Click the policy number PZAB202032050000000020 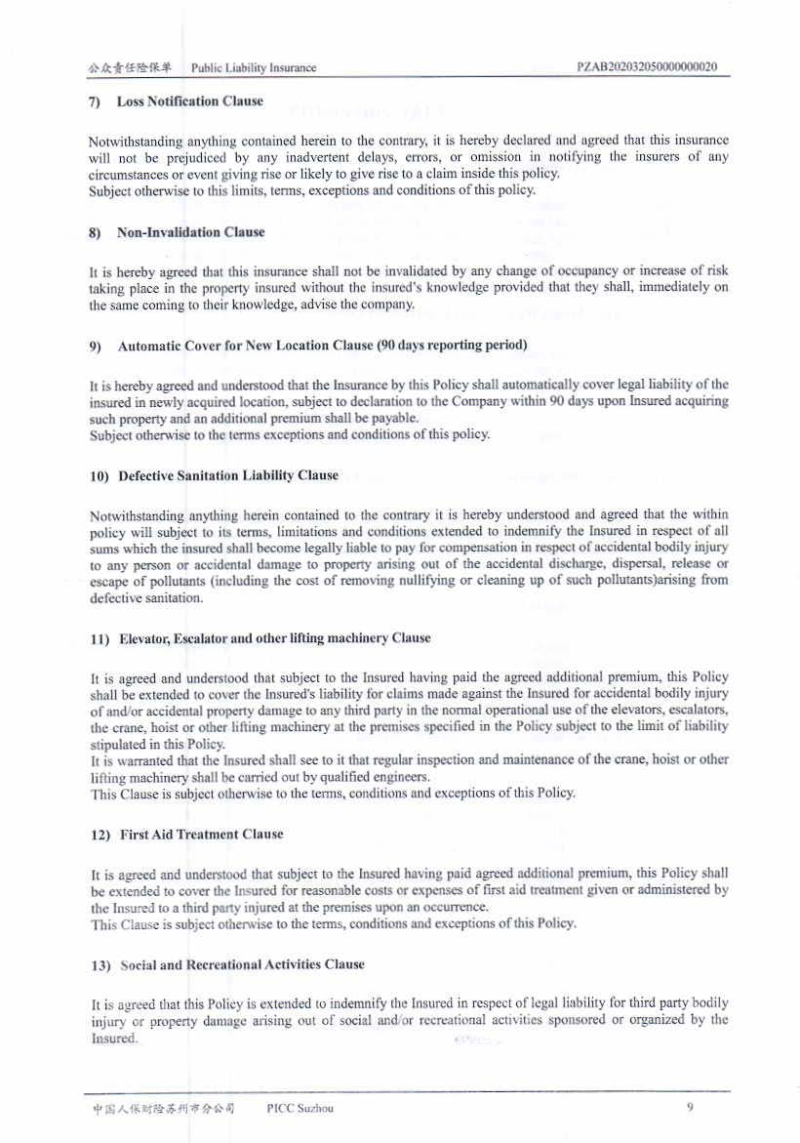[648, 67]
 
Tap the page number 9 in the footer [690, 1107]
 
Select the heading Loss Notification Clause [189, 102]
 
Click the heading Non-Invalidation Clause [190, 232]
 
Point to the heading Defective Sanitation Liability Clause [228, 475]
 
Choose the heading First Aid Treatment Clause [201, 835]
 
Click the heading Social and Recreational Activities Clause [242, 964]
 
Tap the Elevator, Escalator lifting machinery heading [274, 638]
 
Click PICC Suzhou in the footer [300, 1108]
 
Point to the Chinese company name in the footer [164, 1108]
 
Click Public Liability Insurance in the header [254, 68]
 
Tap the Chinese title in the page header [129, 68]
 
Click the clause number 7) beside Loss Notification [96, 102]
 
